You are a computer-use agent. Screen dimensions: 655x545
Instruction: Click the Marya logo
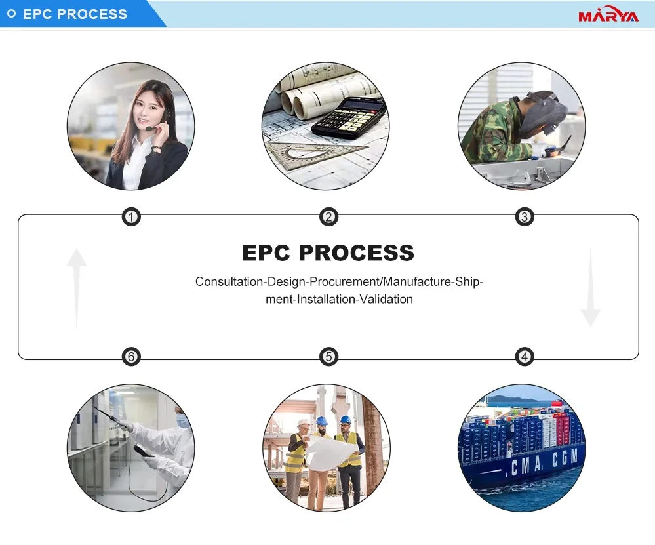coord(608,14)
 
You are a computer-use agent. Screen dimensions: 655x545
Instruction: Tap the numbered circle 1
coord(132,217)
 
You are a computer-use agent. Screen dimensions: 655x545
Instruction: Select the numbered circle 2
coord(328,217)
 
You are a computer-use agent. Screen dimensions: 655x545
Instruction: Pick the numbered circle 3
coord(524,217)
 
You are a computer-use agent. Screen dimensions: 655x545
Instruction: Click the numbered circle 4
coord(524,357)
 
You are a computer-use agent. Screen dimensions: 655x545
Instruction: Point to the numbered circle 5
coord(328,357)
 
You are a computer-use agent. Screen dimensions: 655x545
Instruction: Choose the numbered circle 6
coord(132,357)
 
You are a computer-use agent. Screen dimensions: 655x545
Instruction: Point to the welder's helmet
coord(546,111)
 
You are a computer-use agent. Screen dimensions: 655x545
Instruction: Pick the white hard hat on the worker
coord(302,424)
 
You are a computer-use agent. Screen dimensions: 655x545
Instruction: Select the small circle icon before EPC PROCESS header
coord(11,14)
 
